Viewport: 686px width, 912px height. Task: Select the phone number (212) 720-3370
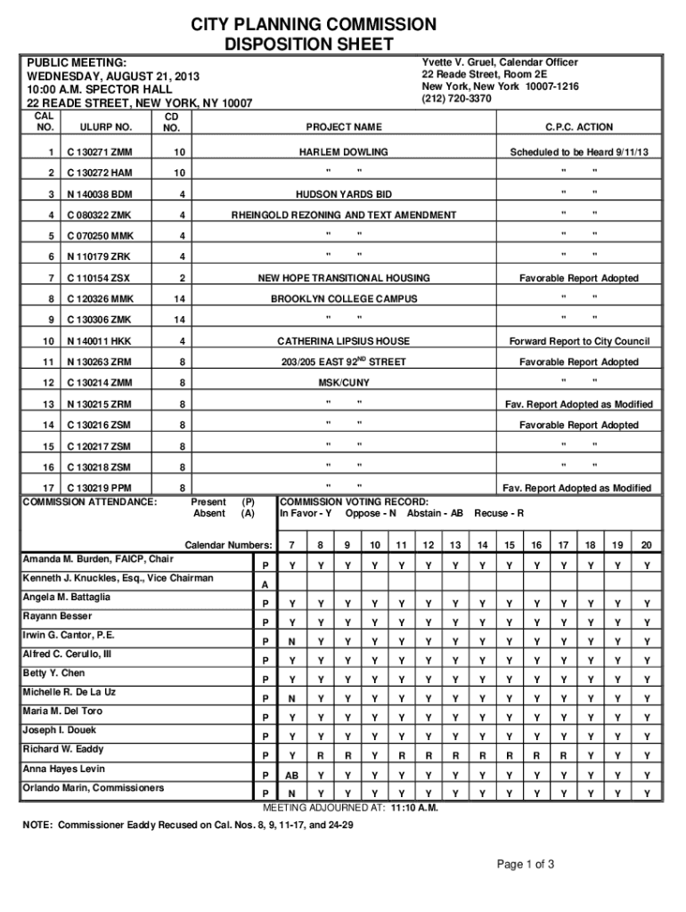coord(456,99)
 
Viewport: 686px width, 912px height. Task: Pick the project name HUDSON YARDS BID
coord(343,194)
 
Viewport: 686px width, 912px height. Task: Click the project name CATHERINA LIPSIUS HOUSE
coord(343,341)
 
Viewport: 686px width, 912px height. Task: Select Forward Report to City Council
coord(579,341)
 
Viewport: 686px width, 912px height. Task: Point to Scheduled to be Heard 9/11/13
coord(579,152)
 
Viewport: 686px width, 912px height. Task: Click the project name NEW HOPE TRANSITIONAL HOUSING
coord(344,278)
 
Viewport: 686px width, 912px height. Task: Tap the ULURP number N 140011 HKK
coord(99,341)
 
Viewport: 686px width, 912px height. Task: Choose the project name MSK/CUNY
coord(344,383)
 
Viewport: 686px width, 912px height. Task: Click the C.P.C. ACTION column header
coord(579,127)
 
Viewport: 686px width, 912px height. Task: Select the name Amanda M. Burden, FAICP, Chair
coord(98,559)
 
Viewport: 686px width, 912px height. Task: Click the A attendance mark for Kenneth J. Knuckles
coord(265,584)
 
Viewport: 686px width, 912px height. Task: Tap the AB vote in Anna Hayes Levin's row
coord(291,774)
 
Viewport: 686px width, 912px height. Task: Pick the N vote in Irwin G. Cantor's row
coord(291,641)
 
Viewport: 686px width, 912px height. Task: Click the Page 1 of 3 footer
coord(527,864)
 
